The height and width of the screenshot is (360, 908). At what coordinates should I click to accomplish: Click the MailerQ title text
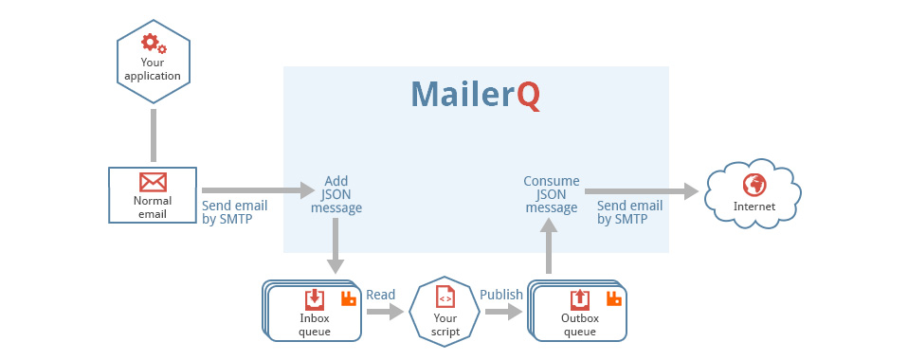[476, 96]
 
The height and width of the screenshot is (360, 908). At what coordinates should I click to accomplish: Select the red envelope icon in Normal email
[153, 181]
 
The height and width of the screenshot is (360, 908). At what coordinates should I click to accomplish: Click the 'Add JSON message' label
[336, 194]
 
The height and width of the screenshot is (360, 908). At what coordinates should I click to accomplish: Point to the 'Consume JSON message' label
[552, 194]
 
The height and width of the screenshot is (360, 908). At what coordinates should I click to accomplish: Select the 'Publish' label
[500, 295]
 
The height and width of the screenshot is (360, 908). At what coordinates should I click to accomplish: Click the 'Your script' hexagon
[445, 312]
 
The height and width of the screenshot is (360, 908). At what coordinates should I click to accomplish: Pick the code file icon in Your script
[445, 298]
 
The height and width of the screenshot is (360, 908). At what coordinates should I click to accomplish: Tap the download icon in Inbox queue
[315, 299]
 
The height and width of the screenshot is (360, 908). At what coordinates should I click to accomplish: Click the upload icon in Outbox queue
[579, 299]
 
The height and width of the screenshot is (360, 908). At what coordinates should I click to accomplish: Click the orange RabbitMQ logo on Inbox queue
[348, 299]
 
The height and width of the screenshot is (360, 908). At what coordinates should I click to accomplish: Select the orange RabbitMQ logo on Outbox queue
[613, 299]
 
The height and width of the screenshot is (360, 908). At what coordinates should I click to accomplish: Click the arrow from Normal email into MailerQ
[257, 190]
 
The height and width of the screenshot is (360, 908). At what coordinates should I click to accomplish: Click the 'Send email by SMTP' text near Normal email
[234, 212]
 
